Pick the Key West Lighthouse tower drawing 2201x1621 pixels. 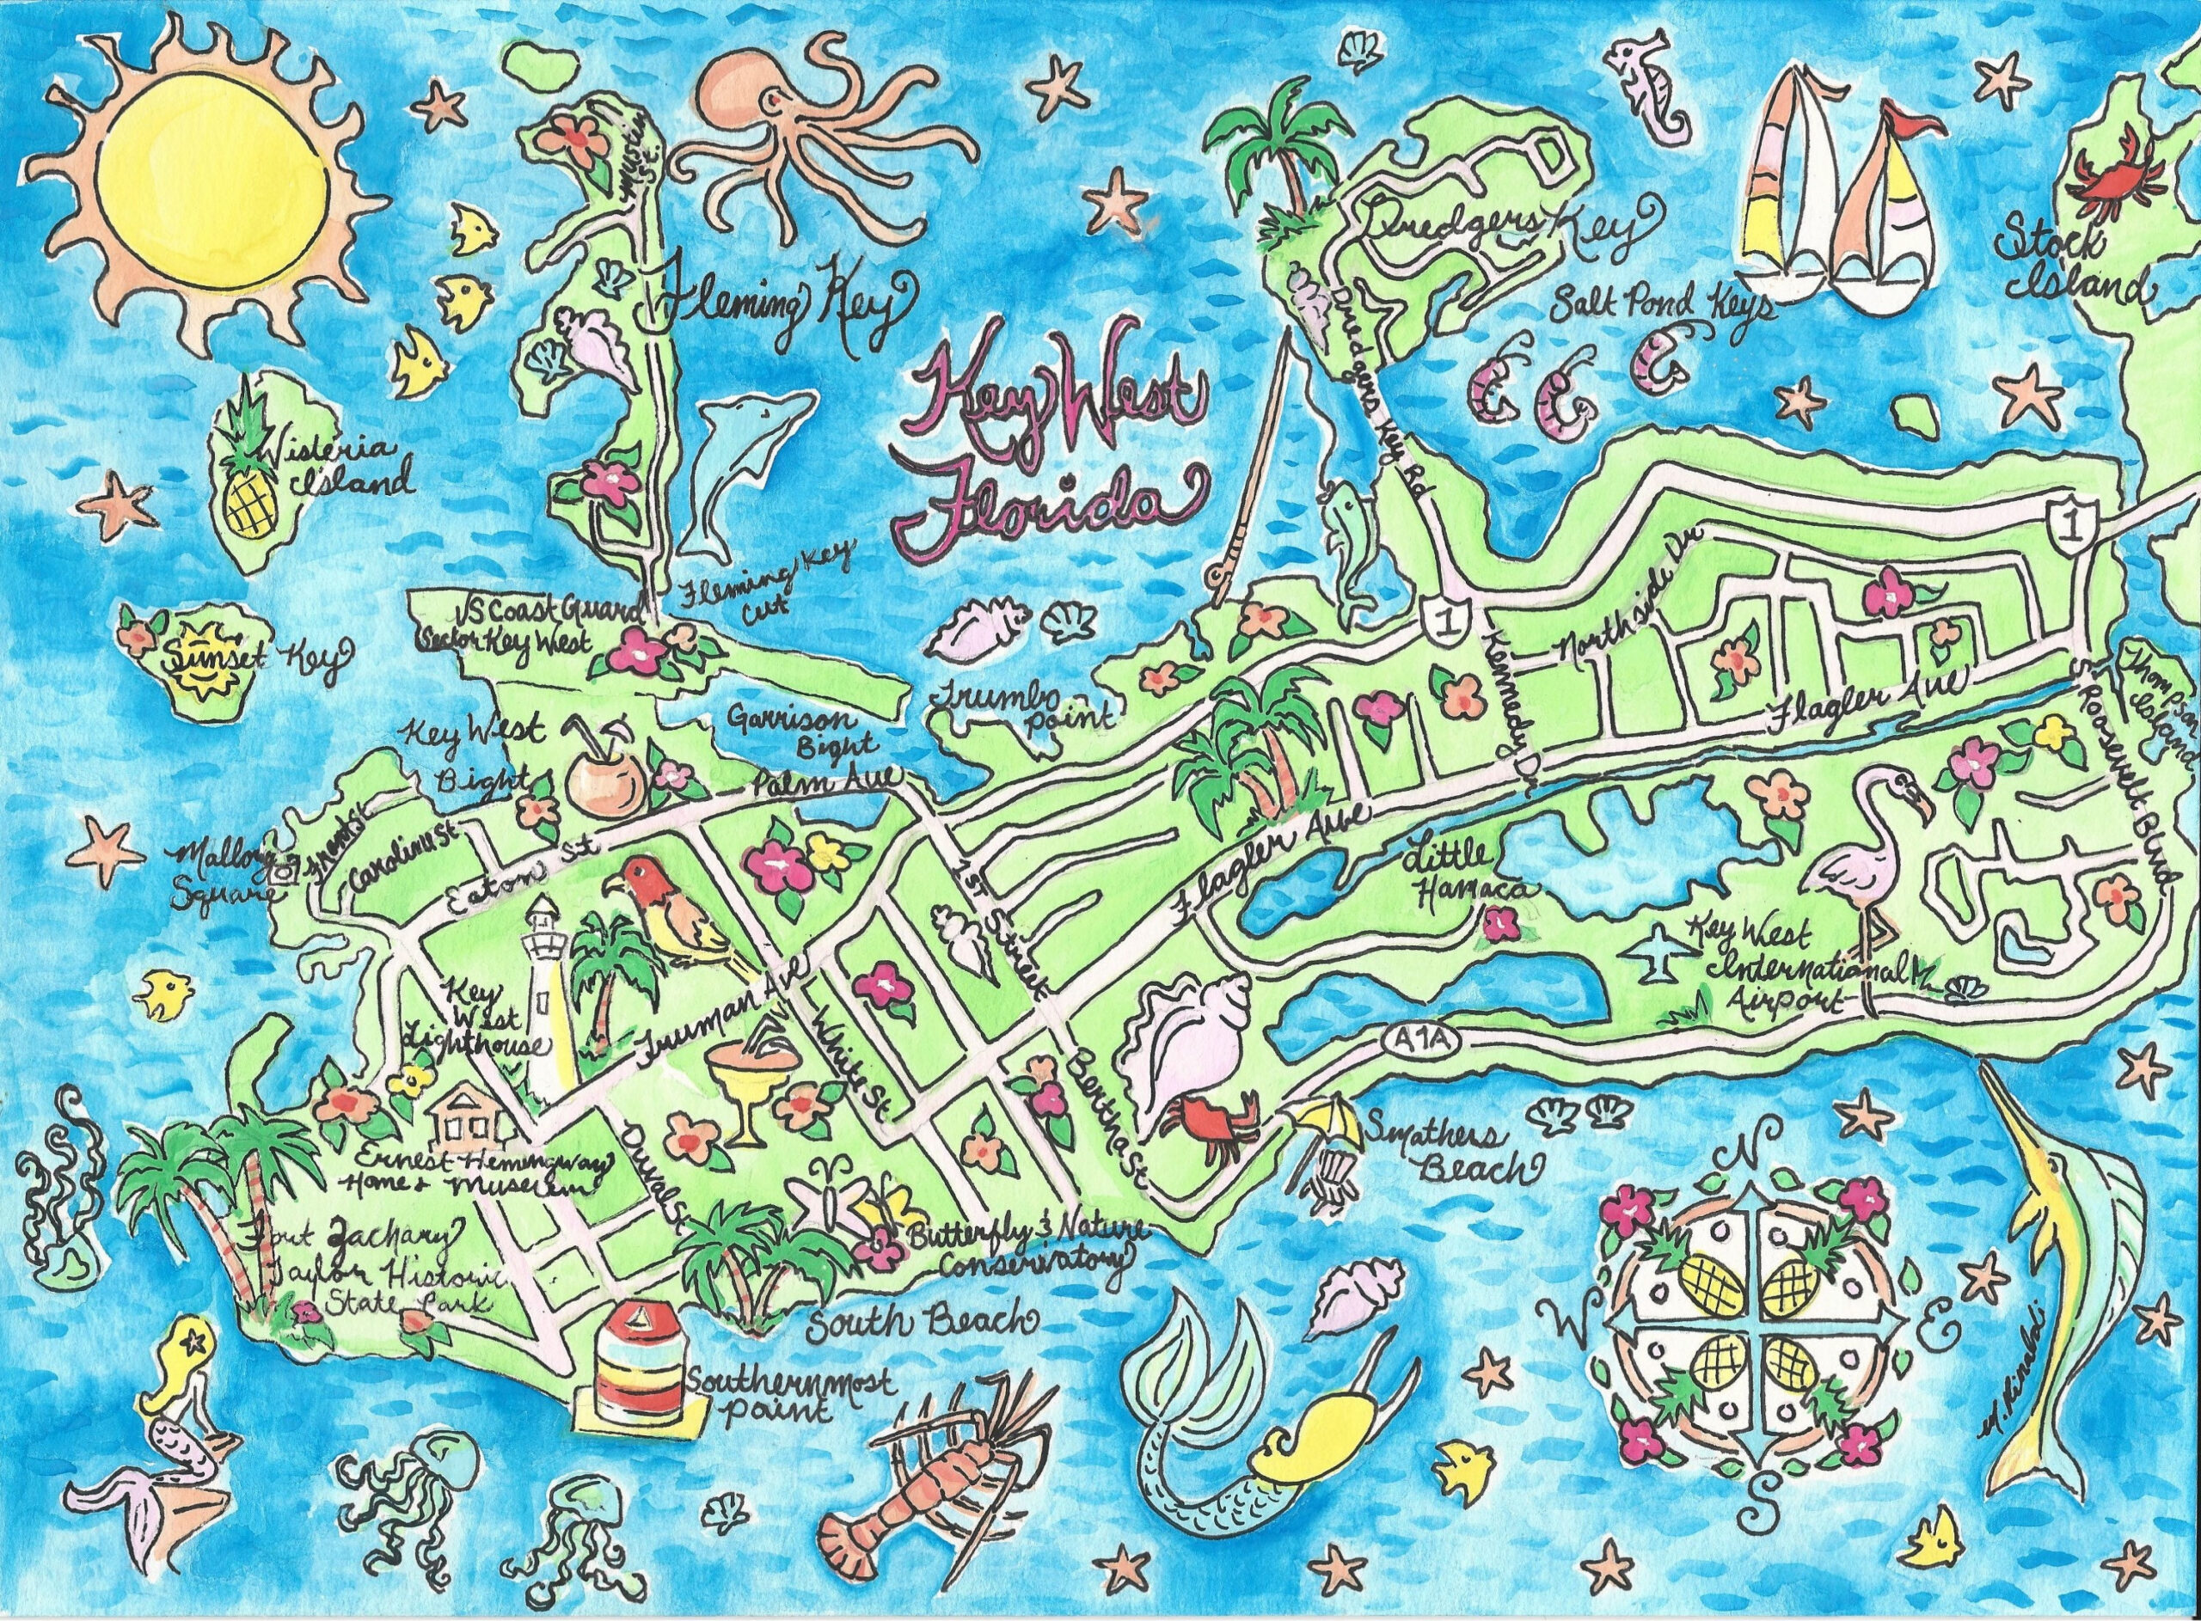[x=543, y=991]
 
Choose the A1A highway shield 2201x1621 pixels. [x=1408, y=1040]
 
